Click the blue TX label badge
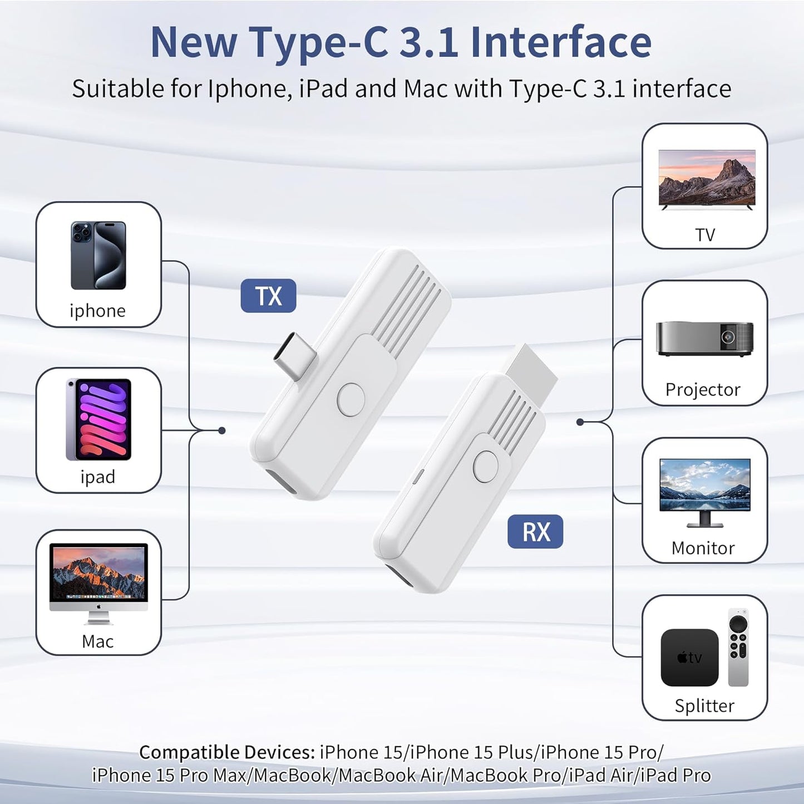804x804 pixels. coord(268,296)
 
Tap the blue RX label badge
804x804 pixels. coord(535,532)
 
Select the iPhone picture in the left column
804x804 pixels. coord(98,256)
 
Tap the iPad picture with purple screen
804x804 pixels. coord(98,419)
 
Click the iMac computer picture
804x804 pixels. coord(98,582)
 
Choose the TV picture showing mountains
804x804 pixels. coord(707,179)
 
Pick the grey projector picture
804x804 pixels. coord(704,338)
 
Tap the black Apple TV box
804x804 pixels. coord(689,658)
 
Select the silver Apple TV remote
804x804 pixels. coord(738,647)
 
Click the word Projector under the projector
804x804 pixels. coord(703,390)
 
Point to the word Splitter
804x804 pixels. coord(704,706)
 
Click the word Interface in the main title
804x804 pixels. coord(561,42)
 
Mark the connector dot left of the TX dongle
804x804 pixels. coord(221,430)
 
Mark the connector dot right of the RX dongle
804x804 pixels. coord(580,422)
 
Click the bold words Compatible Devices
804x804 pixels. coord(227,752)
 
